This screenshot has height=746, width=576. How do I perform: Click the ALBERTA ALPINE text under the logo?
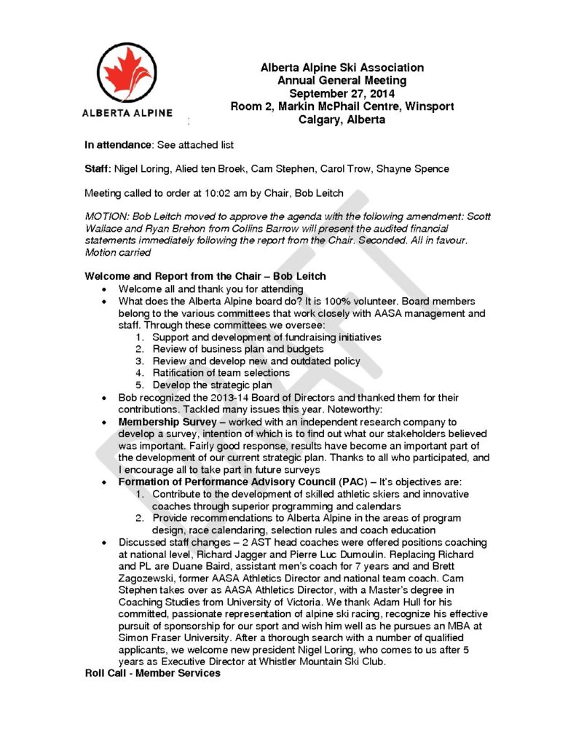click(127, 113)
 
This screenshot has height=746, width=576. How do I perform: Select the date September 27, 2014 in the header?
click(342, 93)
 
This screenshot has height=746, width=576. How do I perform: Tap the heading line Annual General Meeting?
click(342, 80)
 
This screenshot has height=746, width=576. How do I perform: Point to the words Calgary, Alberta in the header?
click(342, 119)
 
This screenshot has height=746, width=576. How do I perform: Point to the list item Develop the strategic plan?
click(212, 385)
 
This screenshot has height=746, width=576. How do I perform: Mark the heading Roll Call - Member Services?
click(152, 673)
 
